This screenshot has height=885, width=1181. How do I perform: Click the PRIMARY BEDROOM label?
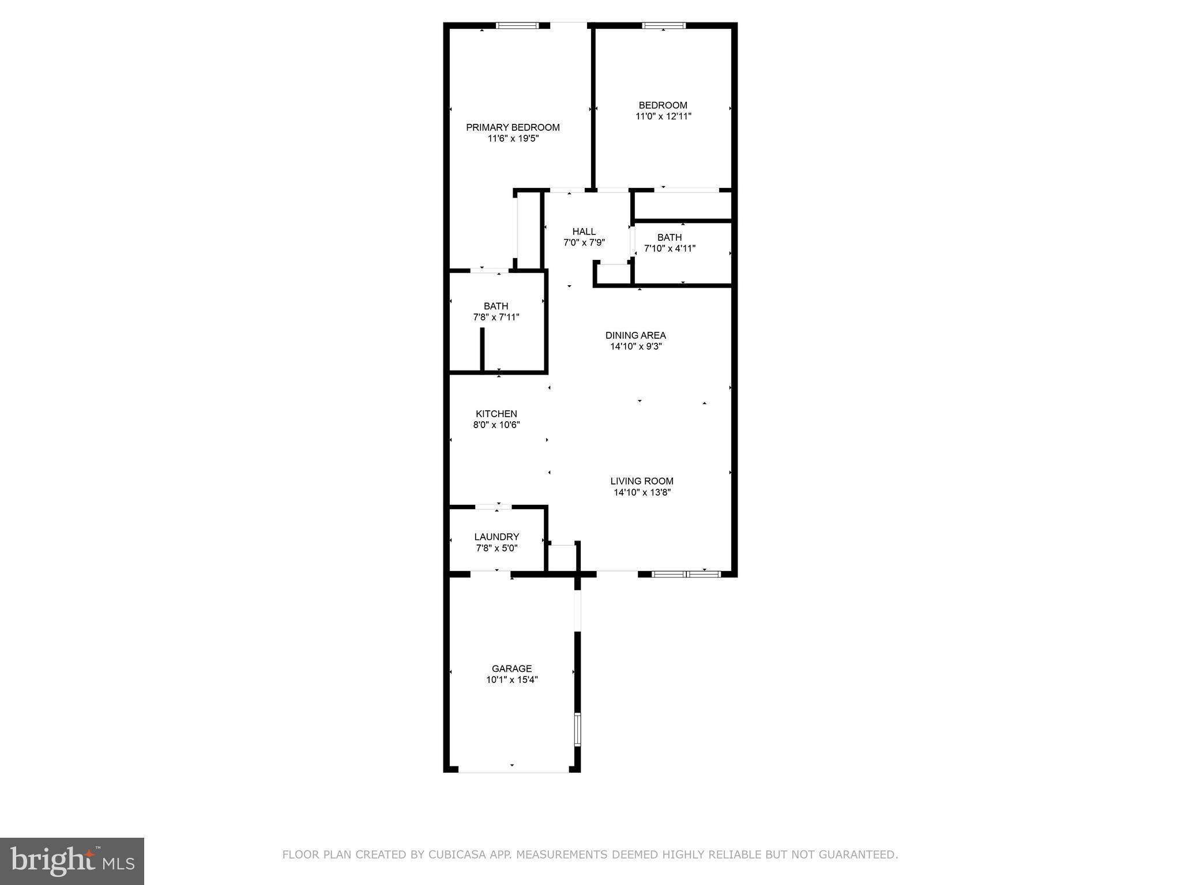pos(513,127)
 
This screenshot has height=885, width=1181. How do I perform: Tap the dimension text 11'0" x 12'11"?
pos(663,116)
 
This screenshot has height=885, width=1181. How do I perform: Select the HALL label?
pos(584,232)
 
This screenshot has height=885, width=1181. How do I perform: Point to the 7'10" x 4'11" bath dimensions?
pos(670,248)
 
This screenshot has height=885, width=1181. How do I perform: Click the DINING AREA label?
pos(635,335)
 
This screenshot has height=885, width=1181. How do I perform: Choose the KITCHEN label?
pos(496,414)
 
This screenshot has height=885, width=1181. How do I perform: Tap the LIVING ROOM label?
pos(642,481)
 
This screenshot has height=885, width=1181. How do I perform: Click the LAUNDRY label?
pos(497,537)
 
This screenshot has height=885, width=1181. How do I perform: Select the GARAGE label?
pos(511,668)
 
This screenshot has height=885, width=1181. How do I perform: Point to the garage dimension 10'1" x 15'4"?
pos(511,680)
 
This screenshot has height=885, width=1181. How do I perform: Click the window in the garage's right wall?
pos(577,729)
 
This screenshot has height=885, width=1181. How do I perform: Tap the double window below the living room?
pos(686,574)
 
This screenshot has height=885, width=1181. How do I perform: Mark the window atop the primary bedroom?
pos(517,25)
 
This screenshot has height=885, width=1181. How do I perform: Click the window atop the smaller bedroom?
pos(664,25)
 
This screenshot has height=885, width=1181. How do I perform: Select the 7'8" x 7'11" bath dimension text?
pos(496,317)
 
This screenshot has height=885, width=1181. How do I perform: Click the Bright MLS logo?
pos(72,861)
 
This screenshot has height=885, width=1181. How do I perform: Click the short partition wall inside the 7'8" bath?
pos(482,349)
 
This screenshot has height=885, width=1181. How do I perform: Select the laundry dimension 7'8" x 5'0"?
pos(497,548)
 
